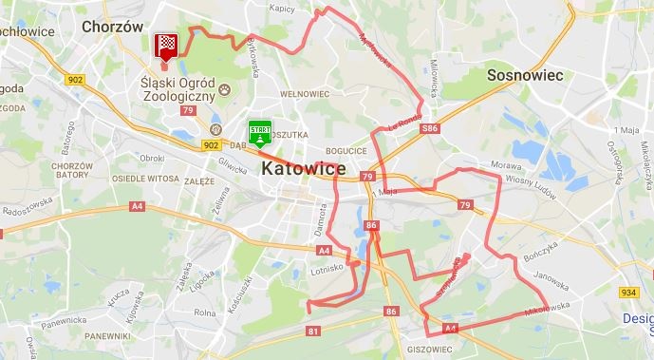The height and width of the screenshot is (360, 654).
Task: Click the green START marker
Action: pos(259,132)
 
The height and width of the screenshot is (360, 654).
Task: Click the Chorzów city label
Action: pos(112,27)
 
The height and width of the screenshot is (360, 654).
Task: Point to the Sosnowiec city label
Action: pos(525,74)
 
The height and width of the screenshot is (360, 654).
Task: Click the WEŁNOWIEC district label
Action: pos(304,94)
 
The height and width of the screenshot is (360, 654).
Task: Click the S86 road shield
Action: pos(431,128)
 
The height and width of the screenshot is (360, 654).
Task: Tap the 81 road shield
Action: pos(314,331)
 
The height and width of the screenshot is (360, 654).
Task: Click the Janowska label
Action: pos(550,277)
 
